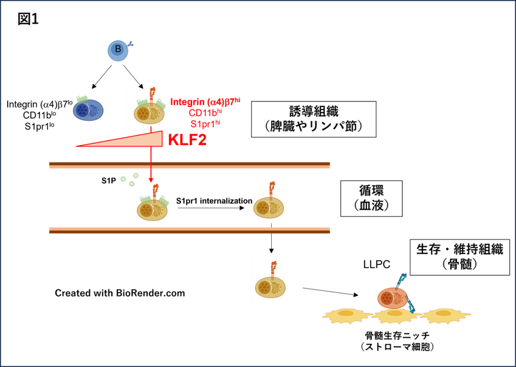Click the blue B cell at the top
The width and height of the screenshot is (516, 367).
pos(118,50)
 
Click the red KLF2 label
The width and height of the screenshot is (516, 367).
pos(187,140)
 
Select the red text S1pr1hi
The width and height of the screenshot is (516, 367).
pos(205,123)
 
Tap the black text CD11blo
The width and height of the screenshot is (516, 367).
pos(39,115)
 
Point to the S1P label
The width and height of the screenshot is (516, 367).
pos(109,180)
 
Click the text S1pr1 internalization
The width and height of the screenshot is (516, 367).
pos(214,201)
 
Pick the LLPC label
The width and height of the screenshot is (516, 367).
pos(377,264)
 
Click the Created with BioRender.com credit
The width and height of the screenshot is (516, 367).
pos(120,293)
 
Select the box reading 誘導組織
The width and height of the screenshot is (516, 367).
pos(314,119)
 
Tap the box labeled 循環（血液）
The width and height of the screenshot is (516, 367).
pos(371,198)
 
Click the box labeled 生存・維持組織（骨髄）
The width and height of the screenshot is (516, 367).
pos(459,257)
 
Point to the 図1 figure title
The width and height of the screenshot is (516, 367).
pos(29,19)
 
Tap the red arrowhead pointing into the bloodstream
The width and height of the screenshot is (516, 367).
pos(151,180)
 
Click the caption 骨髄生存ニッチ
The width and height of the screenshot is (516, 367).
pos(397,336)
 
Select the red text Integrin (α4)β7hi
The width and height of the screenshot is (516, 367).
pos(205,101)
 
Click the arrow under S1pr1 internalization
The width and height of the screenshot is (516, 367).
pos(211,208)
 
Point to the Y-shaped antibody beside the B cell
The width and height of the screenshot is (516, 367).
pos(131,44)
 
